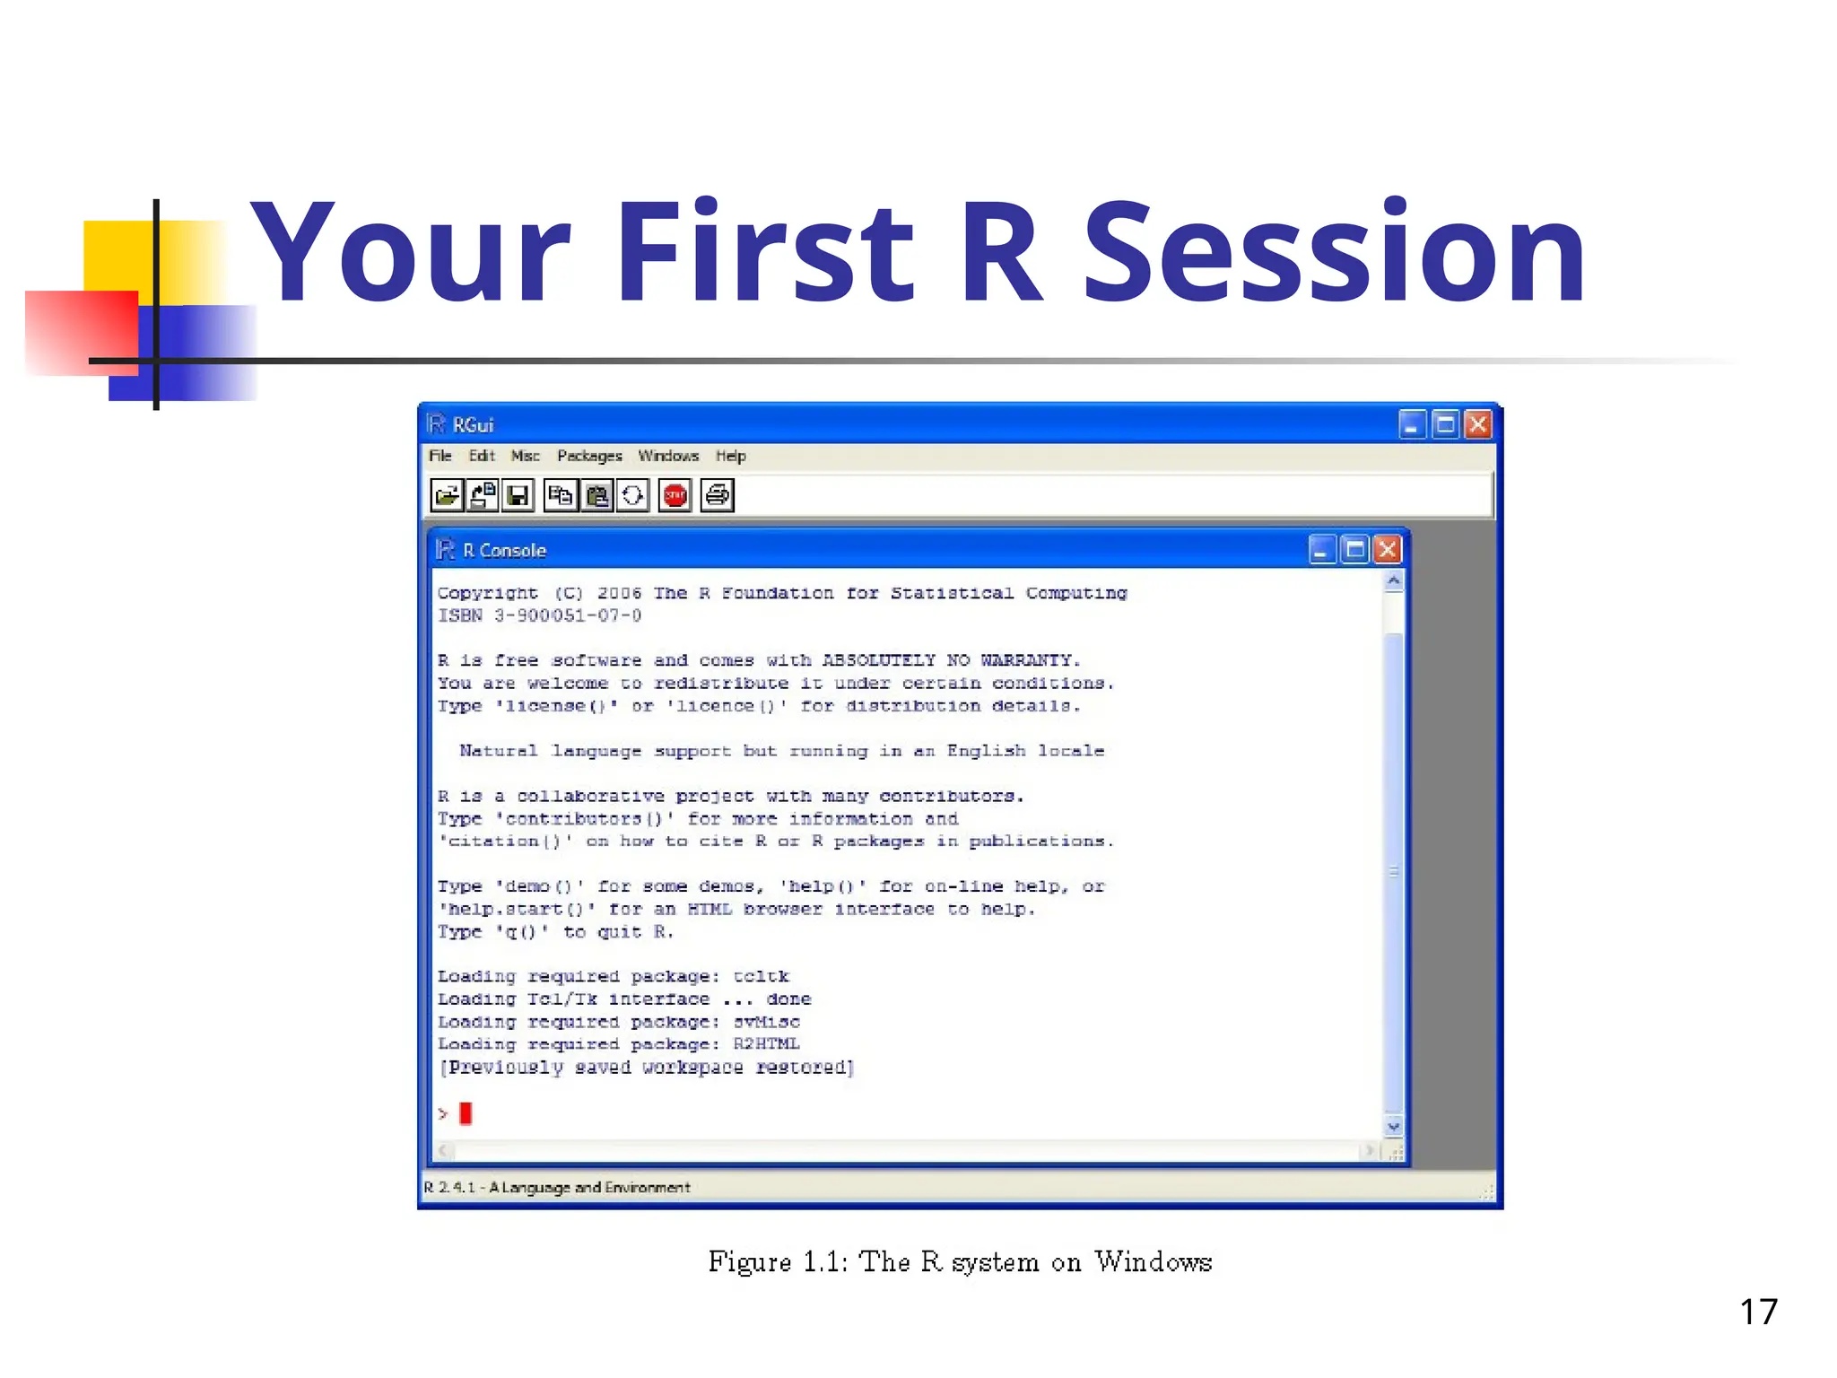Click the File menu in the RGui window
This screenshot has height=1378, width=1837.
(x=440, y=456)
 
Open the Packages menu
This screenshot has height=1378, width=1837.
(x=589, y=456)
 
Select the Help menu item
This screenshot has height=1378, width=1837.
(x=730, y=456)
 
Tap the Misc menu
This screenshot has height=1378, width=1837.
(x=525, y=456)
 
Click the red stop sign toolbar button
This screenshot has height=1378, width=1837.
(x=675, y=495)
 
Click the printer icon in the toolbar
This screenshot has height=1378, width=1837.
(x=718, y=495)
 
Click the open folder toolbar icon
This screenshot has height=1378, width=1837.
(x=447, y=495)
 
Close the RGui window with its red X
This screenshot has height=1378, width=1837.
(x=1477, y=424)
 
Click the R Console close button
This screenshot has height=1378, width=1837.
(x=1387, y=549)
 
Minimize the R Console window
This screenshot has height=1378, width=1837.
(x=1321, y=549)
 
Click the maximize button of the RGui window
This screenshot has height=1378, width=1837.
(x=1445, y=424)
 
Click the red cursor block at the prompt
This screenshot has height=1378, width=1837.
(x=466, y=1113)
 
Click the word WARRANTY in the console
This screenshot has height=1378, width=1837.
(x=1029, y=660)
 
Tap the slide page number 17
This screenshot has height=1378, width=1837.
(x=1758, y=1312)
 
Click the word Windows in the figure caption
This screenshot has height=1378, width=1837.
(x=1153, y=1262)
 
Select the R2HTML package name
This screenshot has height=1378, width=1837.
(x=766, y=1043)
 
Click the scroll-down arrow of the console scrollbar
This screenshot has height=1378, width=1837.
(x=1393, y=1127)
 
